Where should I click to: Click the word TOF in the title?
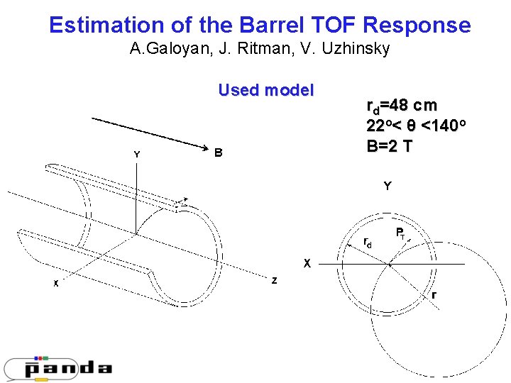(333, 26)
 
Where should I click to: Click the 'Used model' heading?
(265, 90)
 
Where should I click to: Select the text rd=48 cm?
(402, 106)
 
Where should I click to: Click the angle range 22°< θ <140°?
(415, 126)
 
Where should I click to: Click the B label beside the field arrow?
(219, 152)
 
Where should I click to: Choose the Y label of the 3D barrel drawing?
(137, 154)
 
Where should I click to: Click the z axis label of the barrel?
(274, 281)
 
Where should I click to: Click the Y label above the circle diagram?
(387, 187)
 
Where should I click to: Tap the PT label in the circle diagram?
(400, 233)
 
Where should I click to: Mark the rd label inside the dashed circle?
(367, 243)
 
